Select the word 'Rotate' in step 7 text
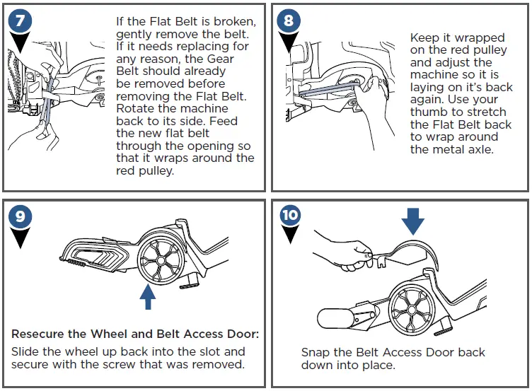135,109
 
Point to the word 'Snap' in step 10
315,352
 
